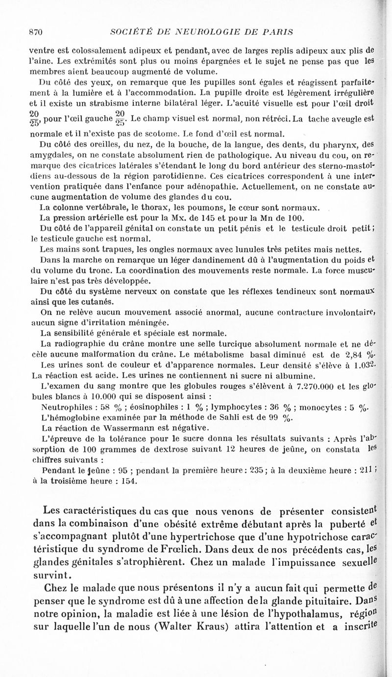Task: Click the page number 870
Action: tap(37, 32)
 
